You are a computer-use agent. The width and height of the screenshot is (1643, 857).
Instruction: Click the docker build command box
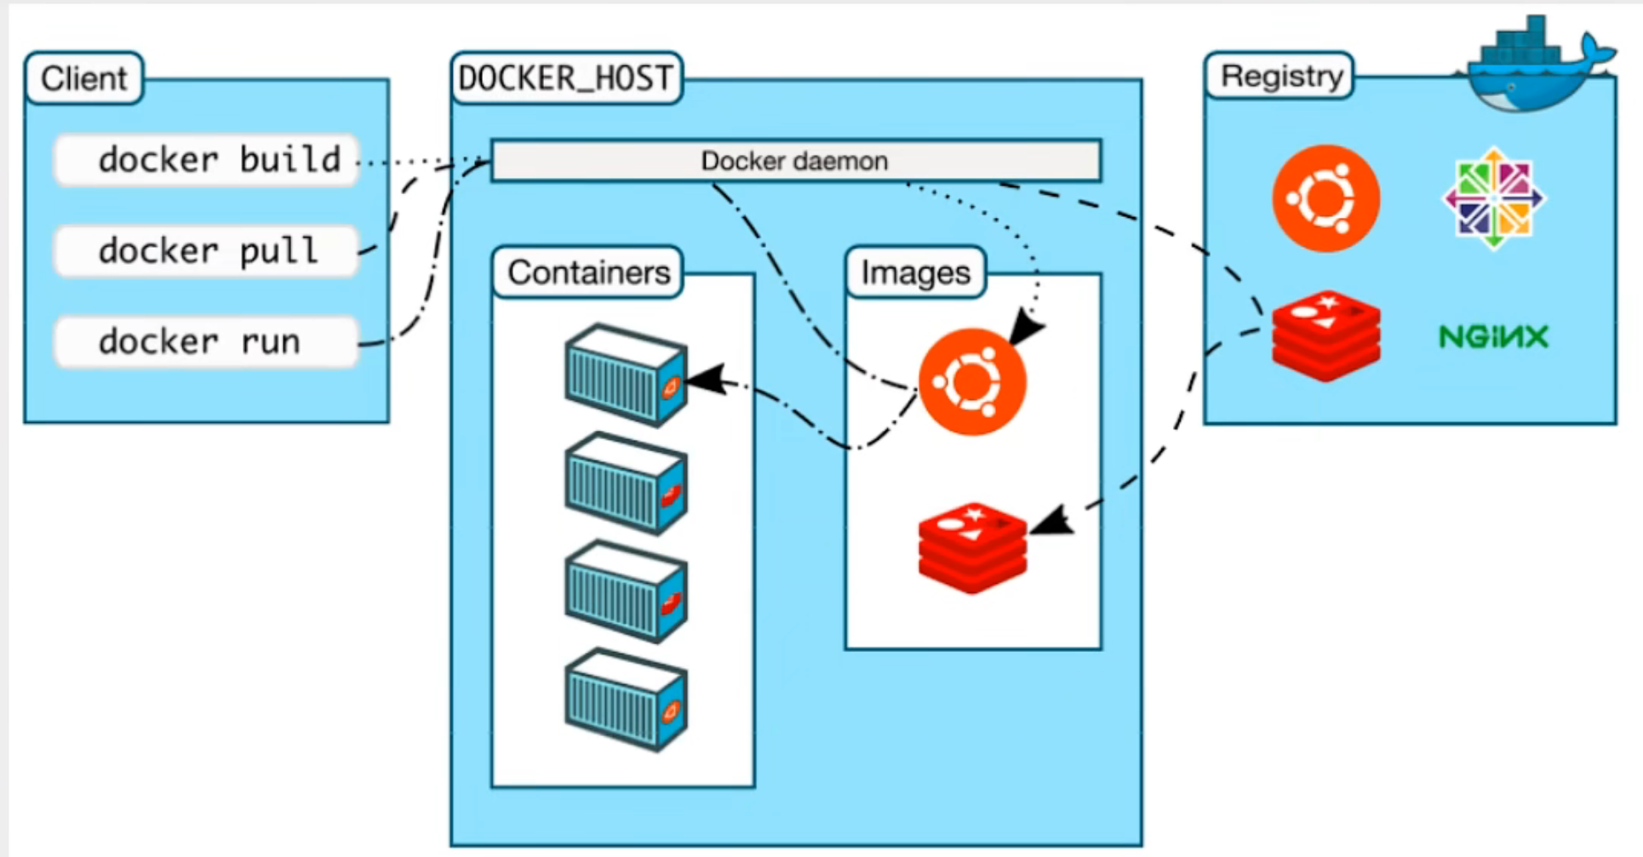(x=206, y=160)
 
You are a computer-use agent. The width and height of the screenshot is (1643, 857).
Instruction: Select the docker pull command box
(x=206, y=251)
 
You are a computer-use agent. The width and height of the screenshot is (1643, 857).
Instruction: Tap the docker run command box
(x=206, y=342)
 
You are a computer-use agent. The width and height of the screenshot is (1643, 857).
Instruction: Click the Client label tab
(x=83, y=78)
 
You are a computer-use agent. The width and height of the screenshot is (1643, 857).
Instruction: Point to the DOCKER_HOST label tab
(x=565, y=78)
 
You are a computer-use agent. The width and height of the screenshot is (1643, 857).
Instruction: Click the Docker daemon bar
(x=795, y=161)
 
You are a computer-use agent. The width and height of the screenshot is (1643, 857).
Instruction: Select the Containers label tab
(x=588, y=272)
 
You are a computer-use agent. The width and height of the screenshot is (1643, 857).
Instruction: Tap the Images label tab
(x=915, y=272)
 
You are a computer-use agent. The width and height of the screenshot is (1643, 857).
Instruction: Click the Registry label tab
(x=1280, y=76)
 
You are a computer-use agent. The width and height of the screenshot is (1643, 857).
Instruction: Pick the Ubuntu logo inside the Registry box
(x=1325, y=198)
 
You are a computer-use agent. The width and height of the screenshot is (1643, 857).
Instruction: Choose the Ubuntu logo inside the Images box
(x=971, y=382)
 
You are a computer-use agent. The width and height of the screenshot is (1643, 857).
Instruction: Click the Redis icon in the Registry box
(x=1325, y=335)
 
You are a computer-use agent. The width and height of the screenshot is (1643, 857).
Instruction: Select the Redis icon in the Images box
(x=972, y=547)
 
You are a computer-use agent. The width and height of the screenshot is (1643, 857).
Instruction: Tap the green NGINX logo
(x=1493, y=337)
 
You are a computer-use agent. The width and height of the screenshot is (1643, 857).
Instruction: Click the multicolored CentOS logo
(x=1493, y=198)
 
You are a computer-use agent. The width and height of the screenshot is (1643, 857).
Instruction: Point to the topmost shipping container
(x=626, y=374)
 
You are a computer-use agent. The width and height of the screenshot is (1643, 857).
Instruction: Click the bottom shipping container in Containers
(x=626, y=700)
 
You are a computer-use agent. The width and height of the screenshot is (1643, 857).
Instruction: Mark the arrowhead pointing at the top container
(x=707, y=380)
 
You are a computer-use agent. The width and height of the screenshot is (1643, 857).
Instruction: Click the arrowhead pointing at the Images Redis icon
(x=1051, y=522)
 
